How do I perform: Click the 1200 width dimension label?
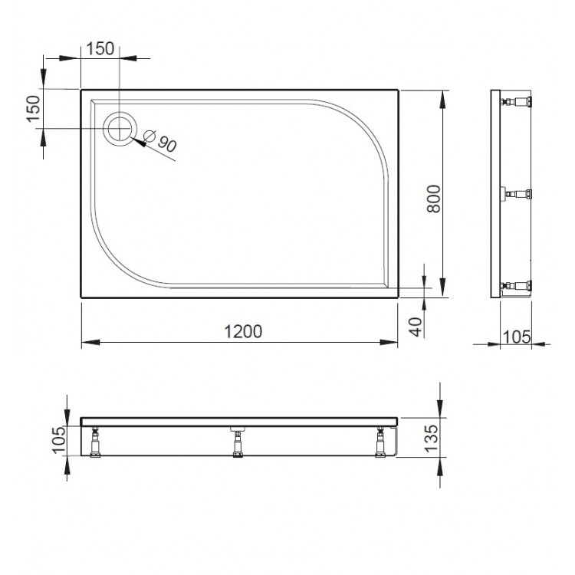(243, 331)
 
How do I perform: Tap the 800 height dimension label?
(434, 199)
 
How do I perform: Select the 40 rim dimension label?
(416, 327)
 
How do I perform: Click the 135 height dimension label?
(431, 439)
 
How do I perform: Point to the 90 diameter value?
(167, 143)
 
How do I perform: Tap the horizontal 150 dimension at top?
(100, 49)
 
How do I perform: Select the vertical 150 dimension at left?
(33, 109)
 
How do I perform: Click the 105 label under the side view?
(517, 337)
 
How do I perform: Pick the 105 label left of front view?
(59, 440)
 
